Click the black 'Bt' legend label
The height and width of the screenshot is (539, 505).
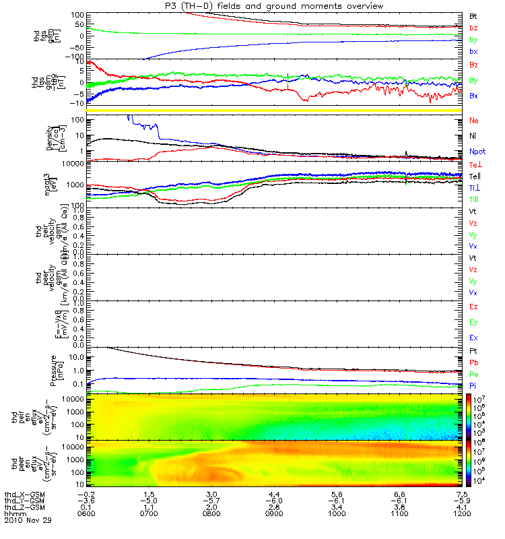tap(474, 15)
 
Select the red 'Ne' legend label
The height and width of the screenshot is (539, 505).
tap(474, 121)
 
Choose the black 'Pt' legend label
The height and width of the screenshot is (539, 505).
tap(474, 352)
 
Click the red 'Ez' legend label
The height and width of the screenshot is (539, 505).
tap(474, 307)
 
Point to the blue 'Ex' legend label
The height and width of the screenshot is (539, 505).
tap(474, 338)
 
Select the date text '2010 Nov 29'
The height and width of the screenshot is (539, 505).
tap(28, 520)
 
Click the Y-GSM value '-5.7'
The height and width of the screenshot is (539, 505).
tap(211, 501)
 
